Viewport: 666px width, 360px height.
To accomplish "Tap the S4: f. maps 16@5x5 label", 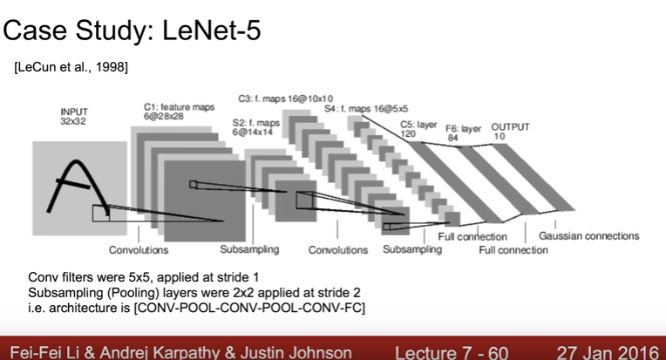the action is (x=360, y=110).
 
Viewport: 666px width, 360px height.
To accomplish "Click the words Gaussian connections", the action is (x=588, y=235).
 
